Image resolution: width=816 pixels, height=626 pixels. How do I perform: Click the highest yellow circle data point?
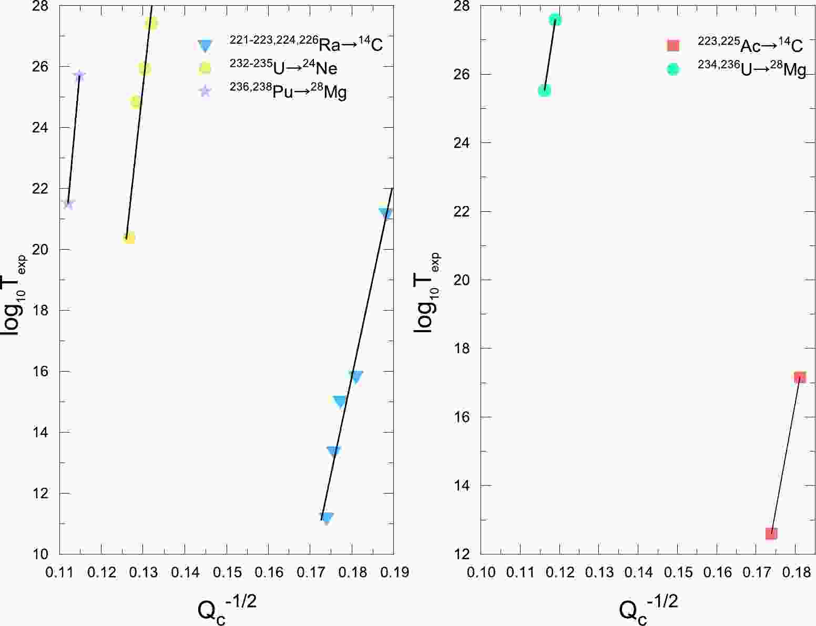(x=151, y=23)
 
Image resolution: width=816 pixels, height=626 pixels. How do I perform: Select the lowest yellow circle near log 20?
(x=129, y=238)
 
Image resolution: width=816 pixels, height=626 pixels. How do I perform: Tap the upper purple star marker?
(x=79, y=75)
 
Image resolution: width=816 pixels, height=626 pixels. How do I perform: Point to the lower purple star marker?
(x=68, y=203)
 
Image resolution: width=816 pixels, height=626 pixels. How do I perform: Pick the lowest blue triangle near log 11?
(x=327, y=518)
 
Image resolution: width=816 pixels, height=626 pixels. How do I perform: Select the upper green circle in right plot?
(x=555, y=20)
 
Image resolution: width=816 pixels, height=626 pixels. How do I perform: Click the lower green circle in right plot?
(x=545, y=90)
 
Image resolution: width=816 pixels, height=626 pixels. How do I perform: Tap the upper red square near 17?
(x=800, y=377)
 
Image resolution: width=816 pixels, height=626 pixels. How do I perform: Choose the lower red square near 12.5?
(x=771, y=533)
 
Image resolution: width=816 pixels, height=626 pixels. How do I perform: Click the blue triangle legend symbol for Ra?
(x=205, y=46)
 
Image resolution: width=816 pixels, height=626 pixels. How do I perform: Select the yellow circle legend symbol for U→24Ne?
(x=205, y=68)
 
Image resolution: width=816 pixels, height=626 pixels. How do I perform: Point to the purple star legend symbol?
(x=205, y=91)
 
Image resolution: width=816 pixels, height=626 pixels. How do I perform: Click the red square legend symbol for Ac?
(x=673, y=46)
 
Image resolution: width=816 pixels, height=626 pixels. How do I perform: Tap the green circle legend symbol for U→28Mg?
(x=673, y=69)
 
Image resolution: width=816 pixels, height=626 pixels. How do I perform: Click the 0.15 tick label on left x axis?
(x=227, y=571)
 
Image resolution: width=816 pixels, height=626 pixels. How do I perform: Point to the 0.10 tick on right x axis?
(x=481, y=571)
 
